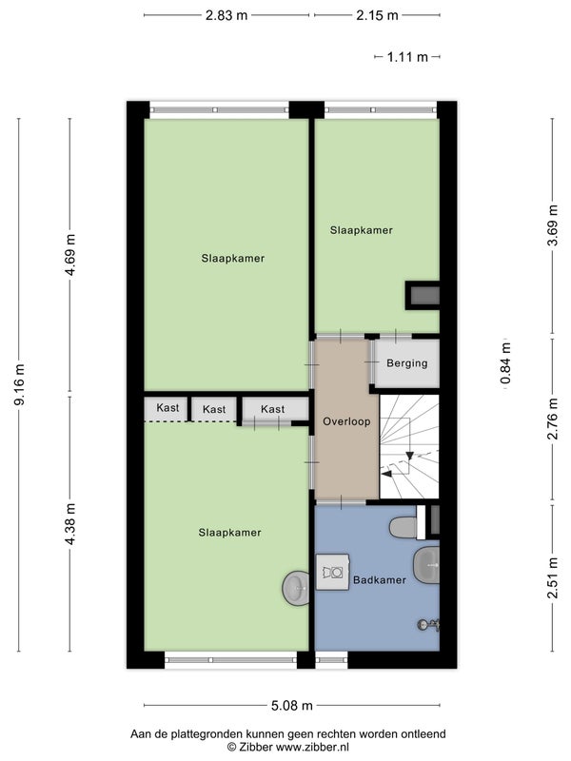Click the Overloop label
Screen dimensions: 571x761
coord(346,421)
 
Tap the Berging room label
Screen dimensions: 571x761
coord(407,363)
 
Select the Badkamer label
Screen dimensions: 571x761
coord(379,579)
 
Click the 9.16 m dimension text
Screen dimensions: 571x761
coord(19,384)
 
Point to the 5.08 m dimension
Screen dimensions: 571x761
coord(292,705)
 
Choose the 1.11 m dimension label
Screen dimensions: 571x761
coord(407,57)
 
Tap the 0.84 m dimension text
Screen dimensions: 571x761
coord(506,363)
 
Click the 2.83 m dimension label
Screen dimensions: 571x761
coord(226,15)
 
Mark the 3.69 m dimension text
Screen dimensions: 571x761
coord(553,225)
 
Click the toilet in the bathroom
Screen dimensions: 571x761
coord(404,527)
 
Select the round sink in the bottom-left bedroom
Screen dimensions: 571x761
coord(296,588)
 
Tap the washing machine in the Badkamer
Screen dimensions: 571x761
coord(332,573)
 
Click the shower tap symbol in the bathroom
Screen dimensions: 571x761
coord(429,625)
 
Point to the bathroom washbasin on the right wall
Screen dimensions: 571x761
coord(426,565)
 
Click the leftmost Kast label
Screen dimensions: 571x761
coord(167,408)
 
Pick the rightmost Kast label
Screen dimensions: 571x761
coord(272,409)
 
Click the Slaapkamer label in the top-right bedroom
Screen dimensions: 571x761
coord(362,230)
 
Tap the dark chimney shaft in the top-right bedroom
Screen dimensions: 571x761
coord(423,296)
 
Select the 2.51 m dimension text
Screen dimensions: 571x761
coord(553,577)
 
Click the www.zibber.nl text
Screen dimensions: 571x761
coord(312,747)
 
